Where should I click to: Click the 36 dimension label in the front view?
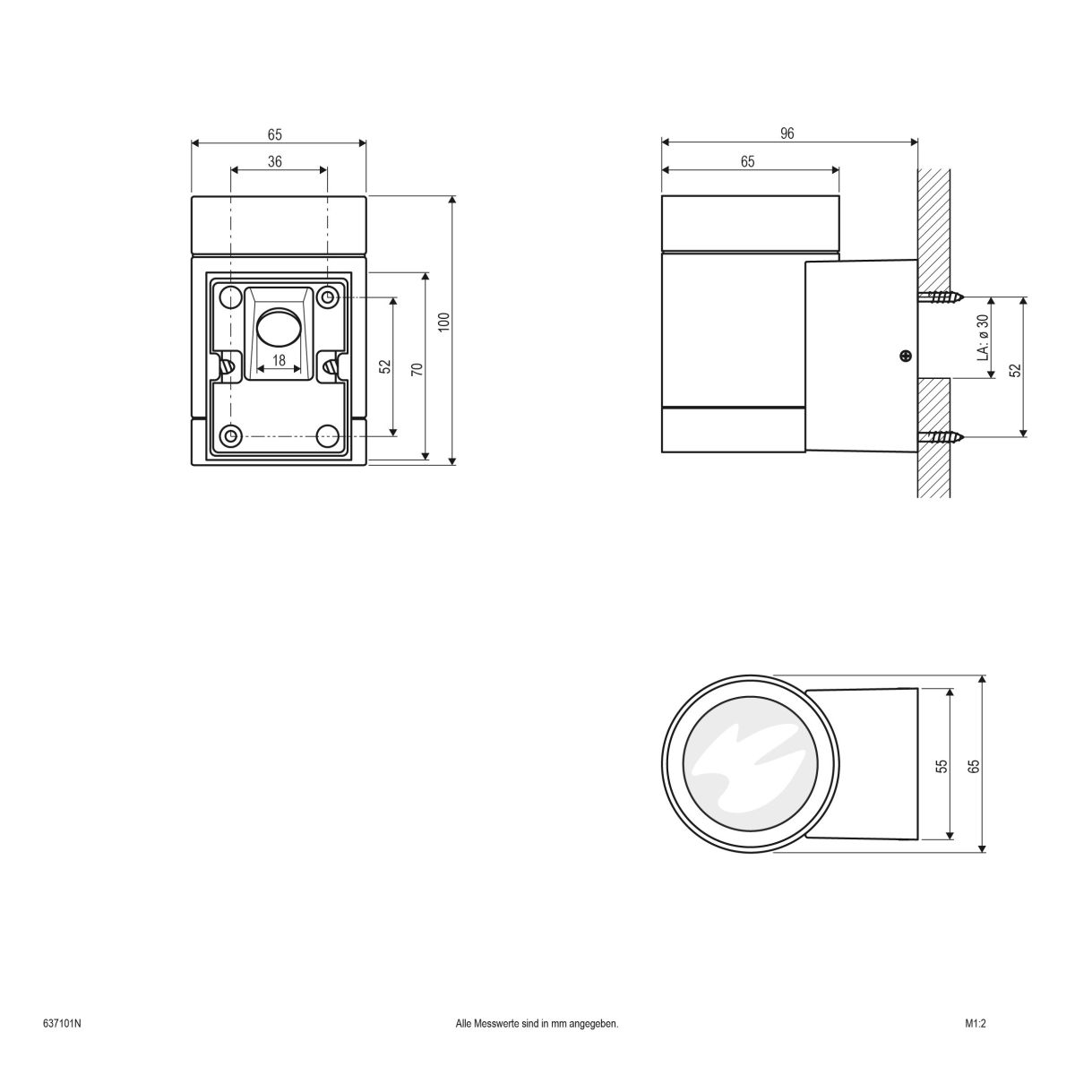275,161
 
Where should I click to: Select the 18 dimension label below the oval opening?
279,360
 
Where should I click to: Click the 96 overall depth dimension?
787,133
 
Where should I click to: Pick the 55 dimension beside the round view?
942,765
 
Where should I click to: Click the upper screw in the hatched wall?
941,297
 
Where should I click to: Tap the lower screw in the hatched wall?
941,437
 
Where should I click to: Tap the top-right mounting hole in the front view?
328,297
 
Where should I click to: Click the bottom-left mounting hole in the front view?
231,436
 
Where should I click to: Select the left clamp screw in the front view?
228,365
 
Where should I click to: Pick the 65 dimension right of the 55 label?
974,765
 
